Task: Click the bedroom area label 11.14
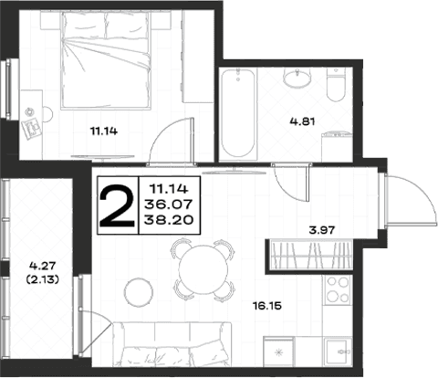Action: tap(104, 131)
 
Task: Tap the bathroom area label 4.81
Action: tap(302, 121)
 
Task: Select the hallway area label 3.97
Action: tap(322, 230)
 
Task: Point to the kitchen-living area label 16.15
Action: tap(267, 305)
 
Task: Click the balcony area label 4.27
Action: tap(43, 266)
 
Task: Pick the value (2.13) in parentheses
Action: tap(43, 279)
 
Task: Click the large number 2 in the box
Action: tap(118, 206)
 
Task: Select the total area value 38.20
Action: tap(169, 220)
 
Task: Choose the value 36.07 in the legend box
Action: tap(169, 205)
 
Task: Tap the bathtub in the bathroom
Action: tap(238, 114)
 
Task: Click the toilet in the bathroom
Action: tap(336, 85)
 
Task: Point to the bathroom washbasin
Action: tap(297, 78)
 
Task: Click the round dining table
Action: tap(203, 269)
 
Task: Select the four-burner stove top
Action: tap(338, 289)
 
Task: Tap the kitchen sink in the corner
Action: tap(338, 352)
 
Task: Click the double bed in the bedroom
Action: tap(106, 60)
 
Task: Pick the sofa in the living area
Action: tap(172, 344)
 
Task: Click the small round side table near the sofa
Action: tap(138, 292)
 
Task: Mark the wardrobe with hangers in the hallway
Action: tap(310, 255)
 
